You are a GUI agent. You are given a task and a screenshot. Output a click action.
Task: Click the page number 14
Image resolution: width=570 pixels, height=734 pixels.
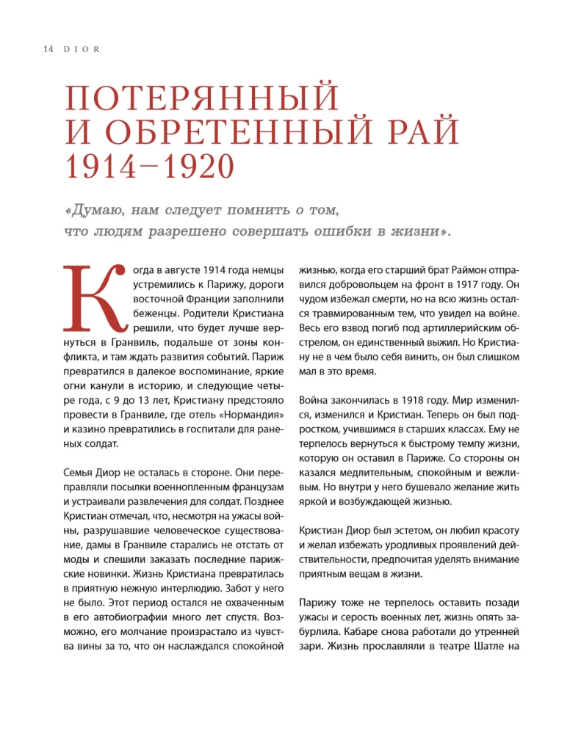30,49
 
